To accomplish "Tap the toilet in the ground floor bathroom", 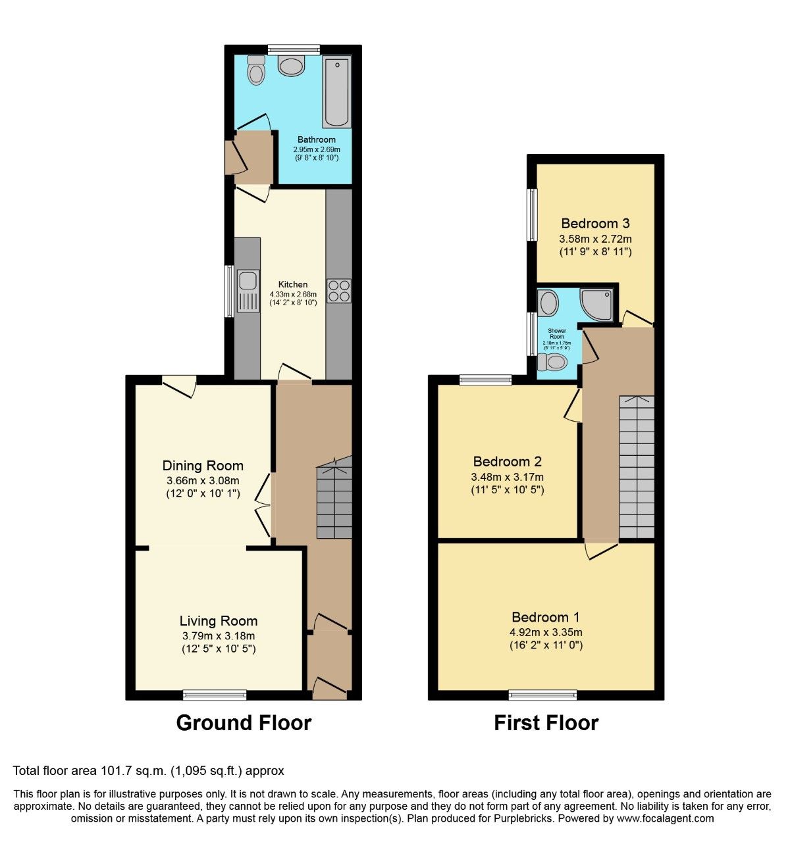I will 255,69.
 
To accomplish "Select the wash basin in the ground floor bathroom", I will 292,65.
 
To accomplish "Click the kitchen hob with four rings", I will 339,291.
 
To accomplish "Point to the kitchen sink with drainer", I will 248,290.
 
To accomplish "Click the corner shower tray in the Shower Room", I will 598,304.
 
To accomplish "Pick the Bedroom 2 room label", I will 507,461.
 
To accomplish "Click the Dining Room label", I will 203,466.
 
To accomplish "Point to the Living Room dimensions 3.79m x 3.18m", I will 219,635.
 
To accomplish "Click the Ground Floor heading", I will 244,723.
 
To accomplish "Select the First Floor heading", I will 546,723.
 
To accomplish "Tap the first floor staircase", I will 637,467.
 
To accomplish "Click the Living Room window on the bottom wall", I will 215,694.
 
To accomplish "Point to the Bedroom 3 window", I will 532,215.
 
